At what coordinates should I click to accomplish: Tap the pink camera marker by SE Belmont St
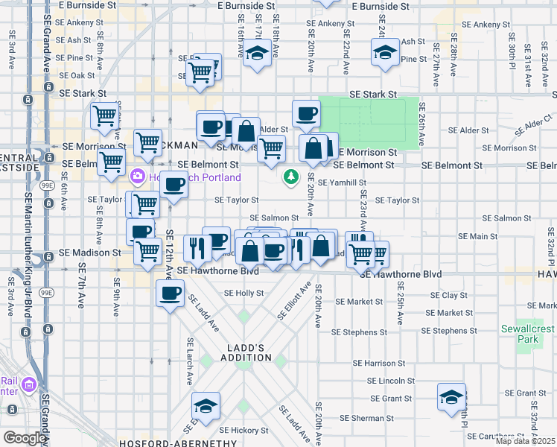click(137, 177)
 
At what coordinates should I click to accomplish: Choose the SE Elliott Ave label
click(294, 301)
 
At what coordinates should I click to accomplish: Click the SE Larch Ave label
click(191, 361)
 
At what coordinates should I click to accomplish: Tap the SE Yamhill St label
click(342, 183)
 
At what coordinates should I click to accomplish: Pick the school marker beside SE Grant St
click(451, 398)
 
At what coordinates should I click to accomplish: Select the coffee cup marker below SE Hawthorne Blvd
click(171, 291)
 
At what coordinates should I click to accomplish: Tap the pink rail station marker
click(29, 384)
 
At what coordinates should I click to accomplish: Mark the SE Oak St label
click(77, 75)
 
